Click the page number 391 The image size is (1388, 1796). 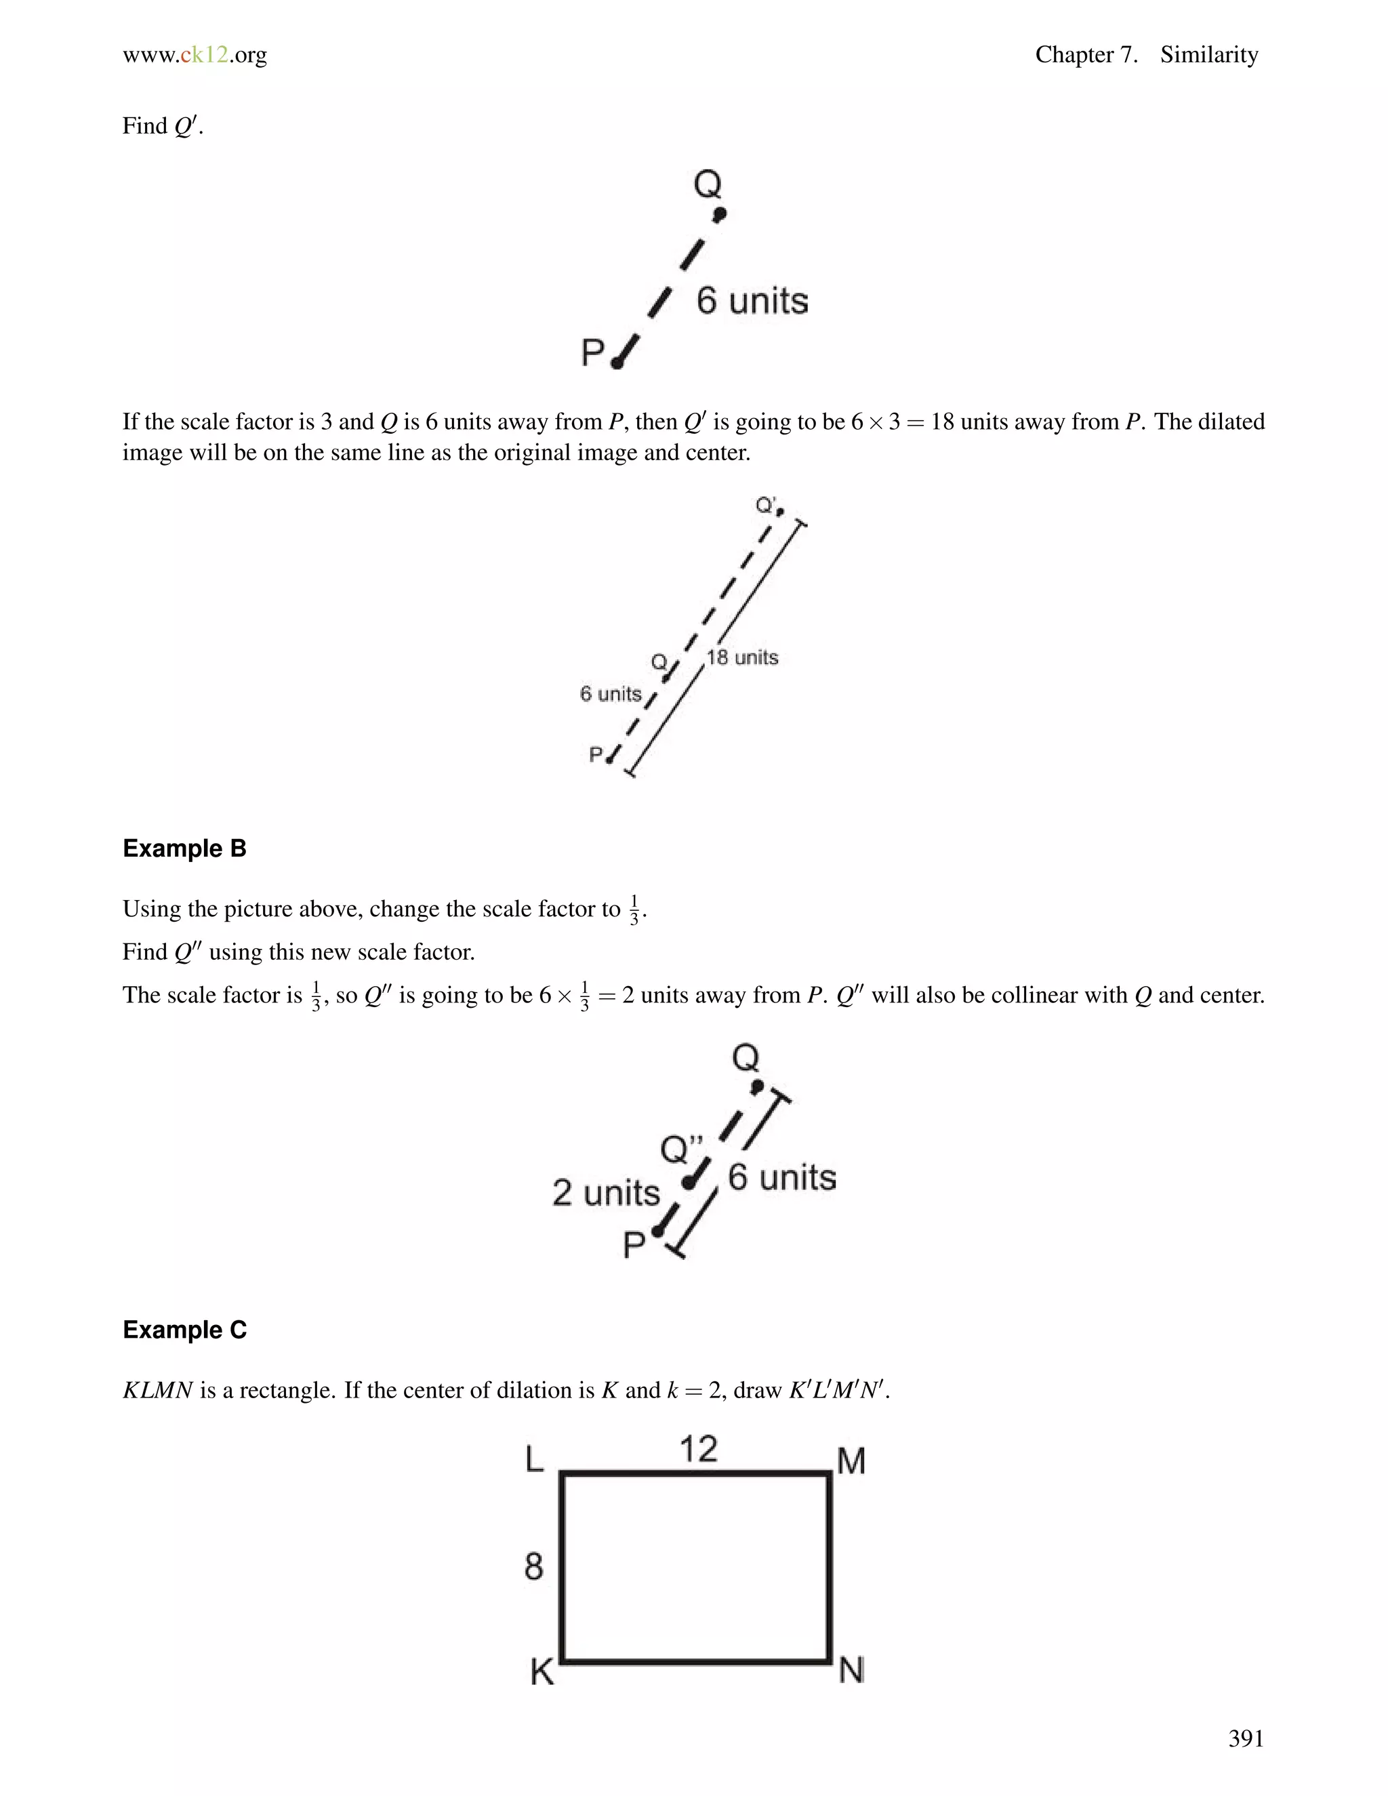pos(1245,1738)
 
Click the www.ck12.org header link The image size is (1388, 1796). pos(195,55)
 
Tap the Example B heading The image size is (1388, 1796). pos(184,849)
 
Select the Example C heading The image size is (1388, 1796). pos(184,1330)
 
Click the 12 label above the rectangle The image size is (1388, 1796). pos(698,1449)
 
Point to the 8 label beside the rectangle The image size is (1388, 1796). pos(533,1566)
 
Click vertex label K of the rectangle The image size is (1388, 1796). pos(542,1672)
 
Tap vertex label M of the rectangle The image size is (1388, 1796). pos(851,1461)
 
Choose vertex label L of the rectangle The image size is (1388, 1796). pos(535,1460)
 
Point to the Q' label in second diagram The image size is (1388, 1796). pos(767,505)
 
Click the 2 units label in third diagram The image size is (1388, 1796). pos(606,1192)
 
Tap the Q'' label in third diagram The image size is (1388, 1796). pos(682,1149)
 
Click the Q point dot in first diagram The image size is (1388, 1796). pos(720,215)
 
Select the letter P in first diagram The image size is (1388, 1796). pos(593,353)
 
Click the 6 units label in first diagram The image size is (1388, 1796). pos(752,301)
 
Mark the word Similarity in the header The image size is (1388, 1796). pos(1209,55)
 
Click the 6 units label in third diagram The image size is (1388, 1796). pos(782,1178)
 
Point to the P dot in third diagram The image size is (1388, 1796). pos(657,1231)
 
